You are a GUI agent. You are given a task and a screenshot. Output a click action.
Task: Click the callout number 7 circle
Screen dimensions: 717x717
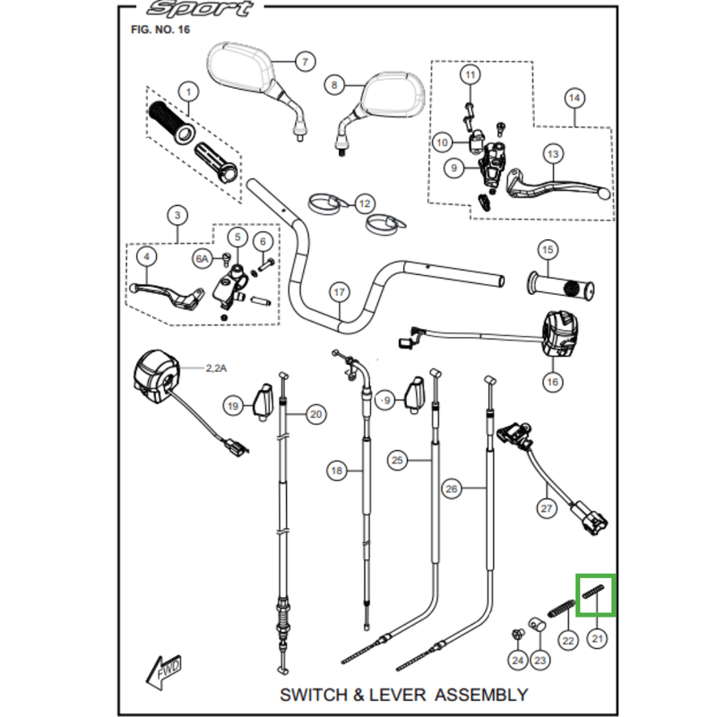coord(305,61)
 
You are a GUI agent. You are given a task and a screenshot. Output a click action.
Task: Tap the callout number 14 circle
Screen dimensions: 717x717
coord(574,98)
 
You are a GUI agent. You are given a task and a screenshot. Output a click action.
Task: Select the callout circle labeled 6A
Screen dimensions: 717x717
coord(203,259)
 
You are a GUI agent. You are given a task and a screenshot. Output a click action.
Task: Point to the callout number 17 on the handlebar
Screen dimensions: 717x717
coord(339,292)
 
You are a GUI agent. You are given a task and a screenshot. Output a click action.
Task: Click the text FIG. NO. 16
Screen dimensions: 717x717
coord(160,30)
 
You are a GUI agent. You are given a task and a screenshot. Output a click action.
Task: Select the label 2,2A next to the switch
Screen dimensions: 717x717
coord(216,368)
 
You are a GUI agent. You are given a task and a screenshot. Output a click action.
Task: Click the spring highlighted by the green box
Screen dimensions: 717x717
coord(594,592)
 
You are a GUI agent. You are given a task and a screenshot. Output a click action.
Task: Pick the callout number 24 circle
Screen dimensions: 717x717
coord(518,661)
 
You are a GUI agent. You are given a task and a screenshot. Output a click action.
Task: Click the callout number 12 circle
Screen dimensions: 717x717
coord(365,203)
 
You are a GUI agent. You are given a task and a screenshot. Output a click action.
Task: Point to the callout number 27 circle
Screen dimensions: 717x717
coord(547,508)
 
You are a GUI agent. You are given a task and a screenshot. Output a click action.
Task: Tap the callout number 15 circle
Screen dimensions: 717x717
coord(548,250)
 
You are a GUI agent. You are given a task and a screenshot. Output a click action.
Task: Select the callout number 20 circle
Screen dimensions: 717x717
coord(316,414)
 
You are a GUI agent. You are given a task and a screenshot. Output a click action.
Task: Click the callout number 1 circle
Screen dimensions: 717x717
coord(188,92)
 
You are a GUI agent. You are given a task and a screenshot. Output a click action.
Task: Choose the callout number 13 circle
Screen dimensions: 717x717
coord(553,154)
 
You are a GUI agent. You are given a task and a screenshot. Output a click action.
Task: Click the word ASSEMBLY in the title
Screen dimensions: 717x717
coord(481,695)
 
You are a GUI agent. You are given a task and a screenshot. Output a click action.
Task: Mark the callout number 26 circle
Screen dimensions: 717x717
coord(452,488)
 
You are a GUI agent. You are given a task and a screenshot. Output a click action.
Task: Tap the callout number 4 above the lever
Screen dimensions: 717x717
coord(146,256)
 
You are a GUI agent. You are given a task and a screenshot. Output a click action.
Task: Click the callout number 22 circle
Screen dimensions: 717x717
coord(568,641)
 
